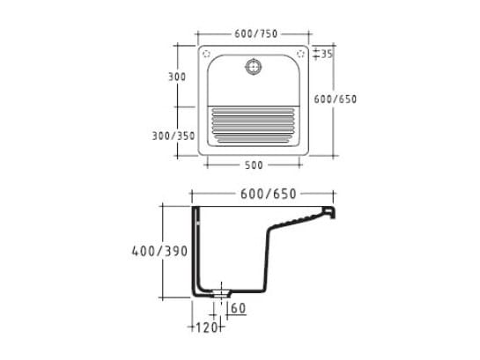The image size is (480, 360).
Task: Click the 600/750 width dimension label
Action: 256,33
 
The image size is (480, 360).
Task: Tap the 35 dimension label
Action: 327,55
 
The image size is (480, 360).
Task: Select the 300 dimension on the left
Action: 177,77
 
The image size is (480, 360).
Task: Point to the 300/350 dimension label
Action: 174,136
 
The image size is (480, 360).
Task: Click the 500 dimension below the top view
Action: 254,165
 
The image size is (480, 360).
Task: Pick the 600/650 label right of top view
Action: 336,99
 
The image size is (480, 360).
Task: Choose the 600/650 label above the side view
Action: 269,194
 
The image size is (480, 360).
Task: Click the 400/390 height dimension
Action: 159,252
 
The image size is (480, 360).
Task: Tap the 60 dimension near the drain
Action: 239,308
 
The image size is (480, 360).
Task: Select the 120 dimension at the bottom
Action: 207,327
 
